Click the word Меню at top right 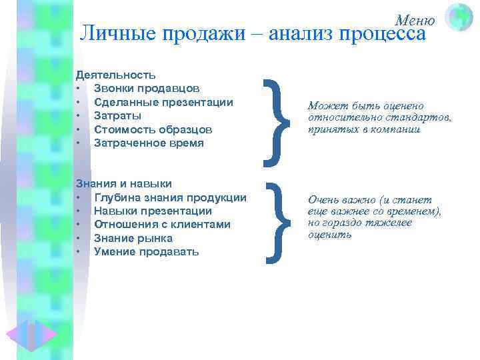[x=415, y=20]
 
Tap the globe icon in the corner [x=459, y=17]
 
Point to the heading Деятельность [x=116, y=75]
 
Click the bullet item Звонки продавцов [x=145, y=89]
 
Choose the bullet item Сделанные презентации [x=163, y=102]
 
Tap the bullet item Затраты [x=117, y=116]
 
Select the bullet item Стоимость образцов [x=153, y=129]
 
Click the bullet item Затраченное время [x=149, y=143]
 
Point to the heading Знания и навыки [x=124, y=183]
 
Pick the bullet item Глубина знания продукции [x=170, y=197]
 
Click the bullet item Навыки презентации [x=153, y=211]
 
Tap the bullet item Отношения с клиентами [x=162, y=225]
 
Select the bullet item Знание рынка [x=133, y=238]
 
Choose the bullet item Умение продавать [x=146, y=251]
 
